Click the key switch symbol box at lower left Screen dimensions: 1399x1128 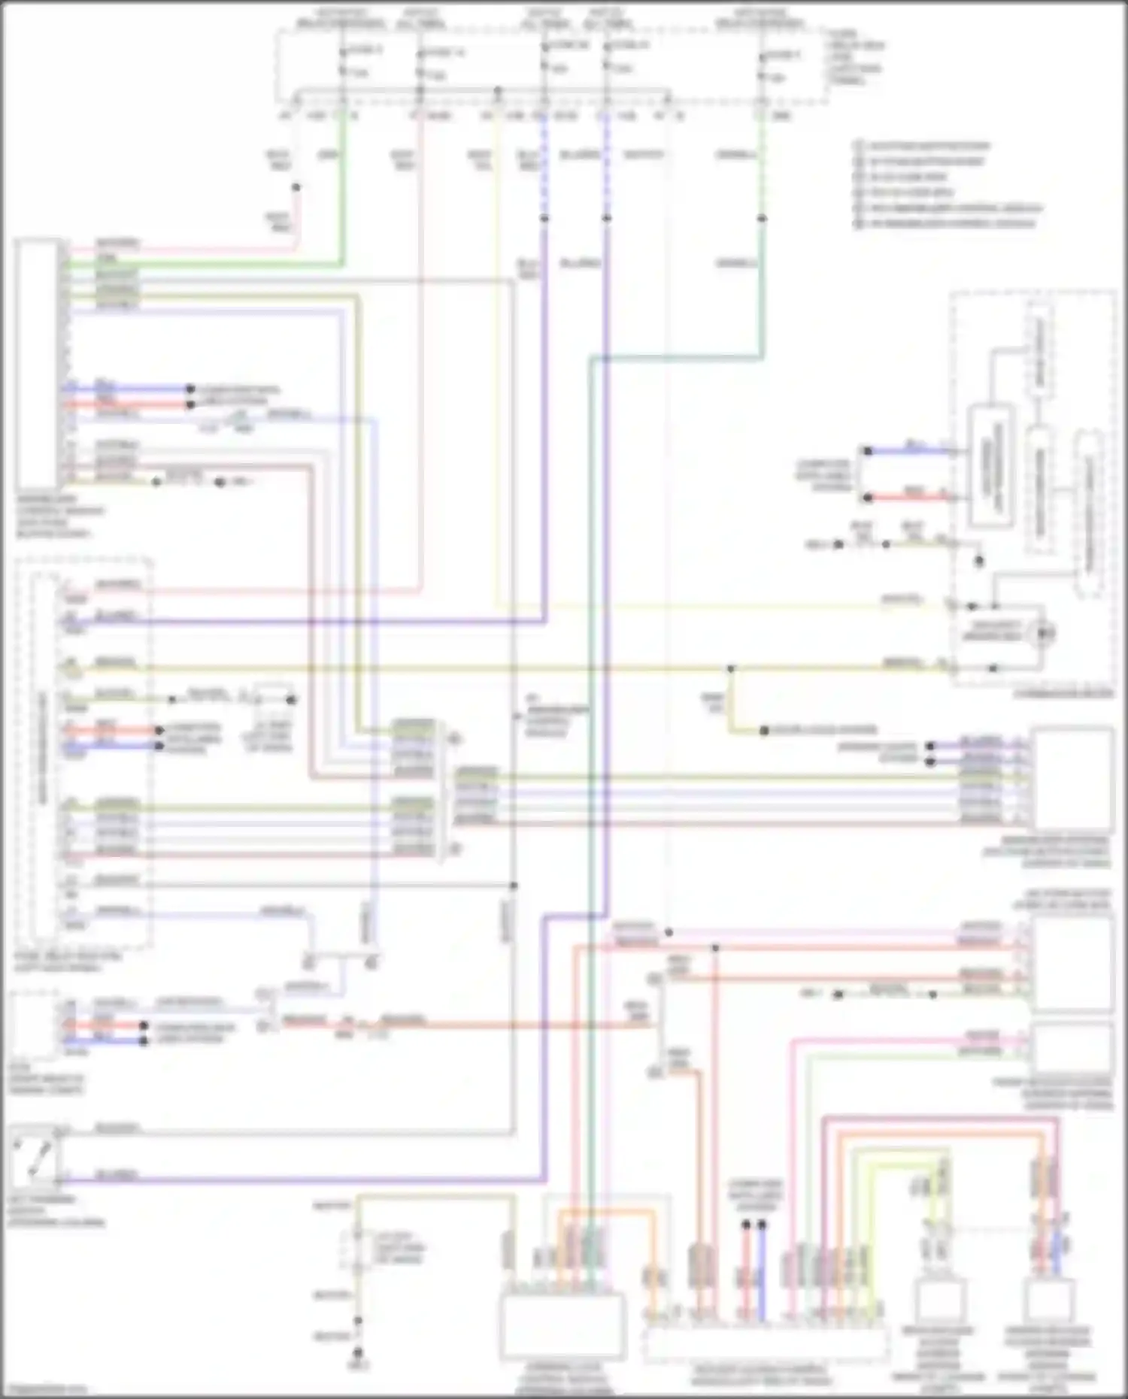(x=35, y=1158)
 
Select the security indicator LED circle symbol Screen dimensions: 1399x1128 (x=1045, y=633)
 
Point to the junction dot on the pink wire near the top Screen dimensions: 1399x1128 (x=296, y=187)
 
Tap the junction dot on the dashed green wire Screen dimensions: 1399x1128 (x=762, y=219)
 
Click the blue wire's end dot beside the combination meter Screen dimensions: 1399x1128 (x=867, y=451)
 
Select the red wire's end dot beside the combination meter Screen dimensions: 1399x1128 (x=867, y=498)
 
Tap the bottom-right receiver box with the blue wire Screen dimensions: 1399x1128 (x=1050, y=1304)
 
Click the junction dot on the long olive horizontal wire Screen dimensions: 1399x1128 (x=730, y=668)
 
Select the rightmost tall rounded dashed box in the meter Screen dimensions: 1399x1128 (x=1089, y=514)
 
